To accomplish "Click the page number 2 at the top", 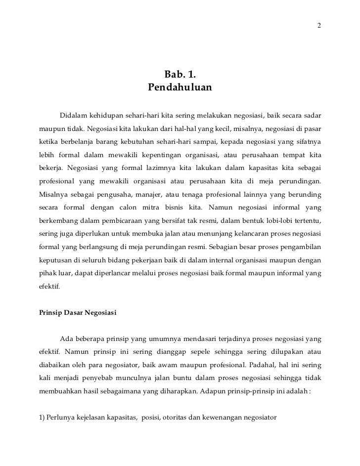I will (319, 25).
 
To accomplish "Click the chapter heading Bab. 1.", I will (180, 76).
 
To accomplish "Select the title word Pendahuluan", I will (180, 88).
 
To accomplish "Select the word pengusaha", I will (105, 194).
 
